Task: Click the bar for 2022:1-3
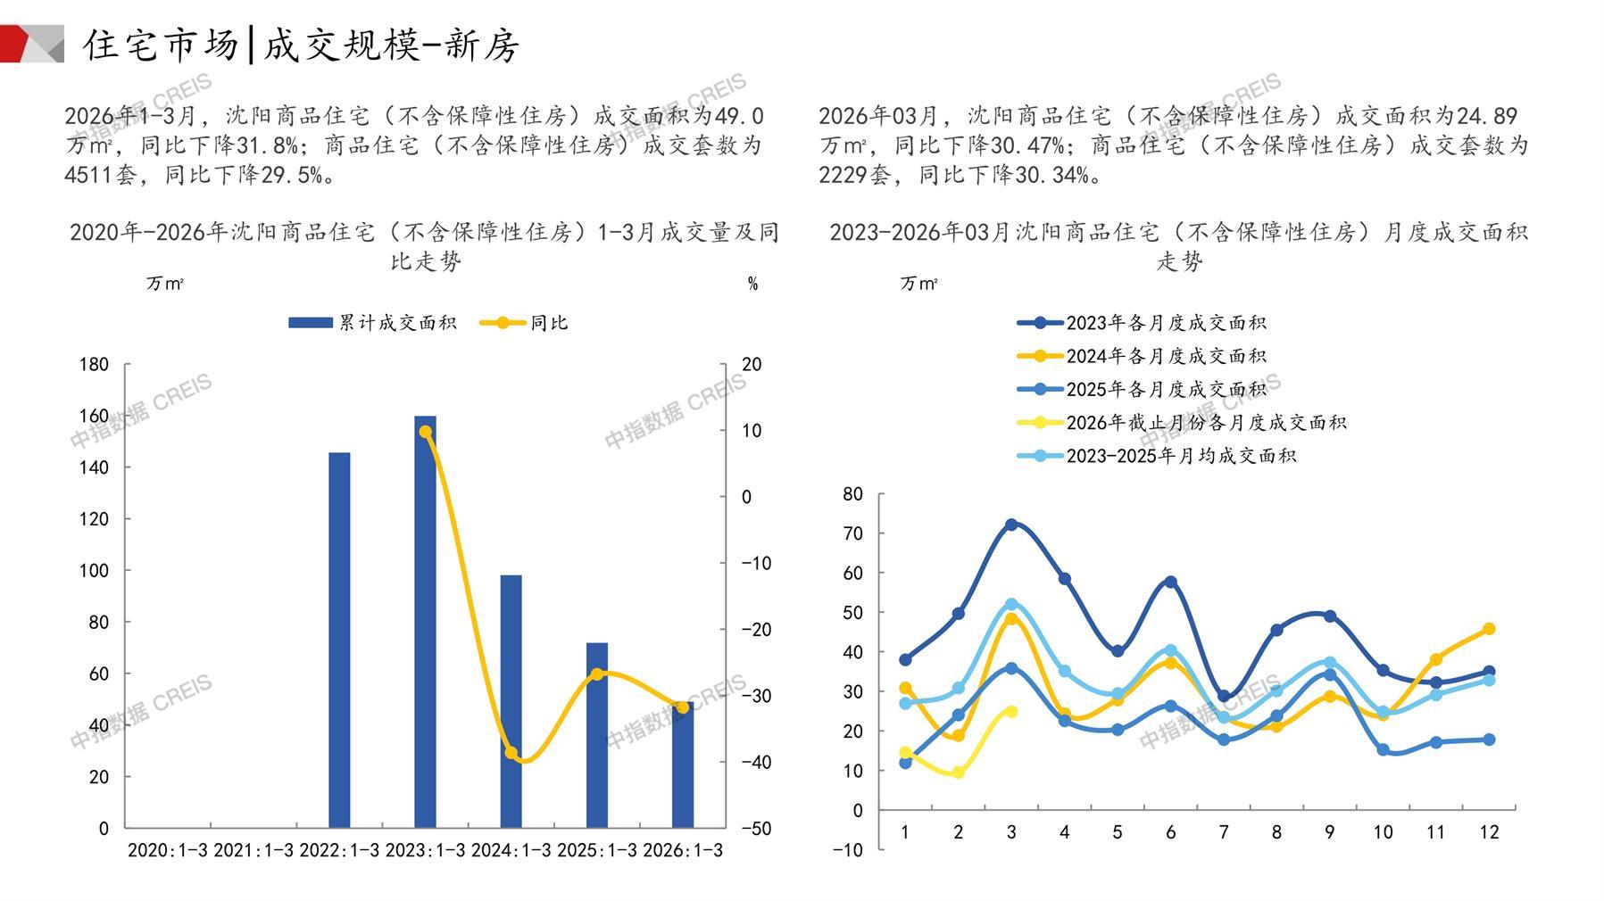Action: tap(339, 640)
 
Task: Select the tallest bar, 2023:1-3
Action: tap(425, 622)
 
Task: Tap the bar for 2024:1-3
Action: tap(511, 701)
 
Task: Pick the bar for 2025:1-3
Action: tap(596, 735)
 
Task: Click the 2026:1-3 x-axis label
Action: tap(683, 850)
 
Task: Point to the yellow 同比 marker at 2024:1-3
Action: tap(511, 753)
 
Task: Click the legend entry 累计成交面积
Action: tap(372, 323)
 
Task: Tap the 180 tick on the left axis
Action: tap(95, 364)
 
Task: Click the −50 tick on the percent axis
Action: tap(756, 828)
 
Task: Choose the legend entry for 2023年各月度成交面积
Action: tap(1142, 323)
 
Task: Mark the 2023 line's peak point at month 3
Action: tap(1011, 525)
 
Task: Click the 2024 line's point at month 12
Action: tap(1489, 629)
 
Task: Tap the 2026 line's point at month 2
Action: tap(959, 773)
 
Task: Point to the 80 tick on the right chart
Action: tap(852, 494)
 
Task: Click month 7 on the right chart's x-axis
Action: tap(1224, 832)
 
